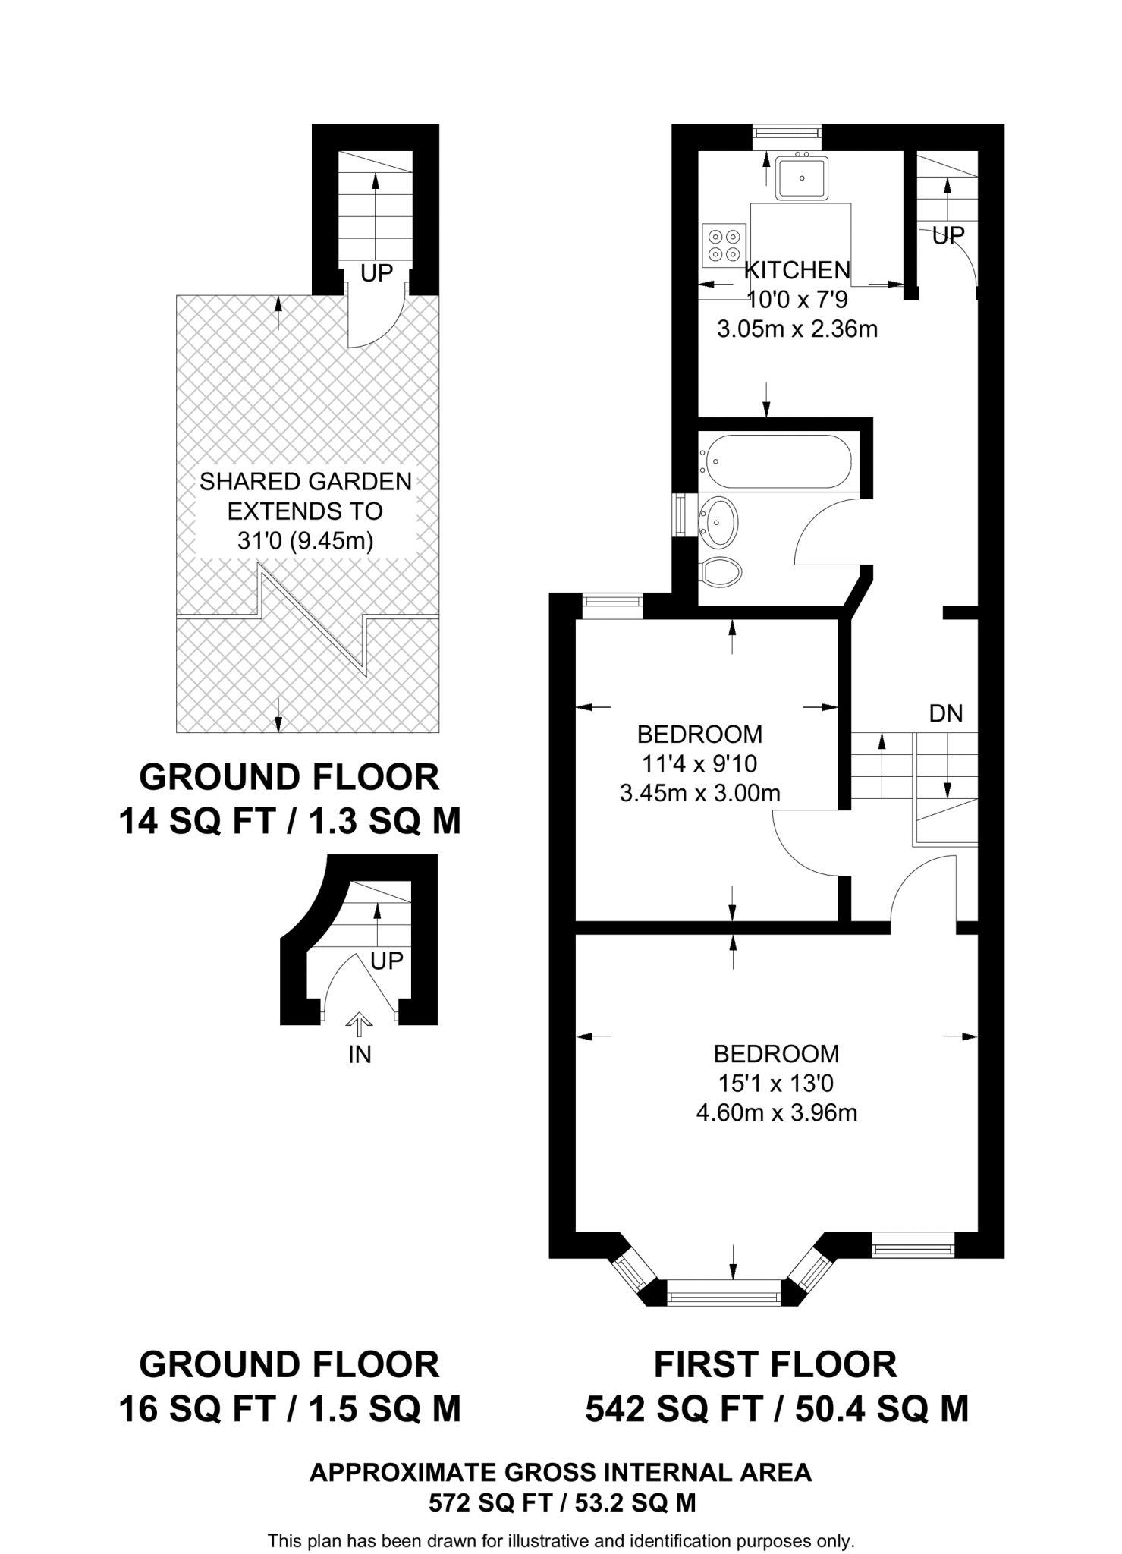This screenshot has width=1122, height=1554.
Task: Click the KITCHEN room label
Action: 797,270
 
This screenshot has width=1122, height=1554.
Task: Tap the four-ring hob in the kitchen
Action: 723,245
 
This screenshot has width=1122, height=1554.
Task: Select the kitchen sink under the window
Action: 801,178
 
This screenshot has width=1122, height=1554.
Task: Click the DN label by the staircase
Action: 945,713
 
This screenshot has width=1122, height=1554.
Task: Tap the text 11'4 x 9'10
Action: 699,763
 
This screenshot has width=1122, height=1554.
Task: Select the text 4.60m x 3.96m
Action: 776,1113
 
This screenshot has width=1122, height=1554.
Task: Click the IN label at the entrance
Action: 360,1055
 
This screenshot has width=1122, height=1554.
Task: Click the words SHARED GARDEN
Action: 306,481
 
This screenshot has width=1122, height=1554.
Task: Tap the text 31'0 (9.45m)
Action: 306,541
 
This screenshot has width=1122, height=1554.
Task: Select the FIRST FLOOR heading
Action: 775,1365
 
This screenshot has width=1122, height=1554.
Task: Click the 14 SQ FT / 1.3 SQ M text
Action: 290,821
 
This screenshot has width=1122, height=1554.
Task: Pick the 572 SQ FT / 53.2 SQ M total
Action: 561,1502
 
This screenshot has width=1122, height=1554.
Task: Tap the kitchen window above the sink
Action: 787,134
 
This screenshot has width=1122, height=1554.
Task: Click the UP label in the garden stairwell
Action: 376,273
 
